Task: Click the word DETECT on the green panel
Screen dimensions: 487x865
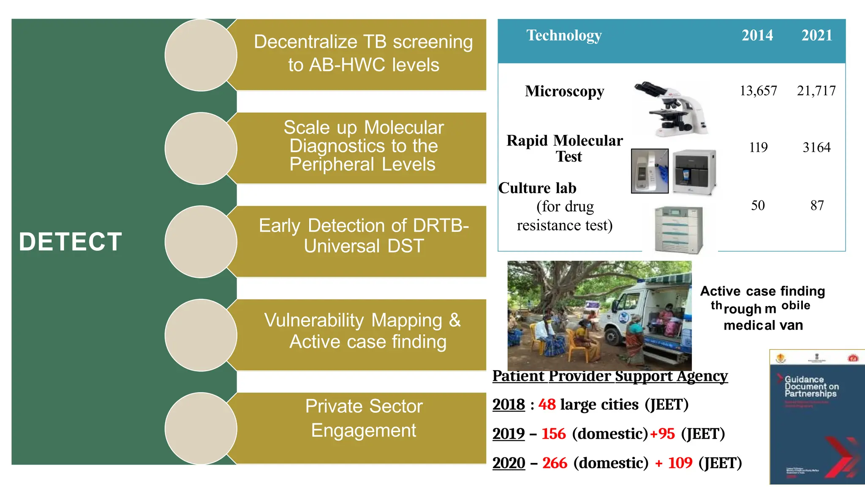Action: coord(71,242)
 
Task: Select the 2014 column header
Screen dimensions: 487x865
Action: coord(757,36)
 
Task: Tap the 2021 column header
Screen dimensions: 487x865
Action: coord(817,36)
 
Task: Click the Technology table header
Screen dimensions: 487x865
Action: coord(564,36)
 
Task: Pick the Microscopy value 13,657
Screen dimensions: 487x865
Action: coord(758,91)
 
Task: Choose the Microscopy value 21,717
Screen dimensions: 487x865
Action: coord(816,91)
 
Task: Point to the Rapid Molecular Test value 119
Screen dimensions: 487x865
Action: coord(758,148)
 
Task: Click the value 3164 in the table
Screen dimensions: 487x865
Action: coord(816,148)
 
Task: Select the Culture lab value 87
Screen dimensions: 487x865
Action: coord(817,205)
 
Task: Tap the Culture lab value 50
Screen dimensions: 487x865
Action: coord(758,205)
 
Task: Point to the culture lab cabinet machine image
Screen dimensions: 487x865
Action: coord(679,230)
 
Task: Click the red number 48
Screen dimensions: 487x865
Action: coord(547,405)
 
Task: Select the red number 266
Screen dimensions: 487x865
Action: coord(555,463)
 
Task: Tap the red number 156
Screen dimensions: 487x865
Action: coord(553,434)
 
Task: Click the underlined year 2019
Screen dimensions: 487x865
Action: coord(509,434)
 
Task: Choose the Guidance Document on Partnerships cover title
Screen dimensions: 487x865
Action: coord(811,386)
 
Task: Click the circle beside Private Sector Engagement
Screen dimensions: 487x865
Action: coord(201,428)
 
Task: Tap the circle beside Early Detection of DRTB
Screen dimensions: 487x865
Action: coord(201,242)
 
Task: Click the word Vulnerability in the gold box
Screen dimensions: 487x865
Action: coord(314,320)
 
